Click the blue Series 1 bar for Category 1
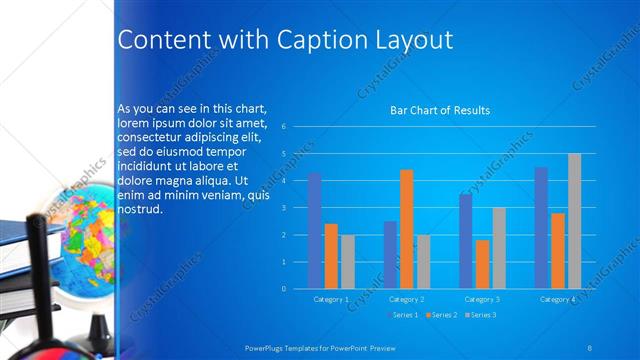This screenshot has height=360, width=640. [315, 231]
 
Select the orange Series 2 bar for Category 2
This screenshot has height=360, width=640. [407, 229]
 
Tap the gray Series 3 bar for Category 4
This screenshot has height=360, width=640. [574, 221]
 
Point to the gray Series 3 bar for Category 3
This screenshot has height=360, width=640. [499, 248]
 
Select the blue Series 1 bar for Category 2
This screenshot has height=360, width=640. [390, 255]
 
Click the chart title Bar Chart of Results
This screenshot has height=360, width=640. [439, 111]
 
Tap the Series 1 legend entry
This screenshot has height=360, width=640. [403, 316]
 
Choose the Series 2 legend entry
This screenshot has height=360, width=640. [442, 316]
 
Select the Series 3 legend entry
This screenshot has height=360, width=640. [480, 316]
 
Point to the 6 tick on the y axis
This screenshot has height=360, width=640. [285, 127]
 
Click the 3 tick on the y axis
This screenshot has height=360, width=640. [285, 208]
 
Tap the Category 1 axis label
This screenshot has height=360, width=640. [331, 299]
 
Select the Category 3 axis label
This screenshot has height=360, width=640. [483, 299]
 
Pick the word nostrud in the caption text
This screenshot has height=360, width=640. [139, 211]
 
